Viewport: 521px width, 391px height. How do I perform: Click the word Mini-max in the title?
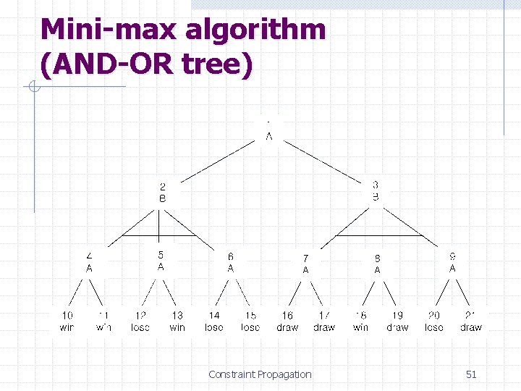(x=109, y=30)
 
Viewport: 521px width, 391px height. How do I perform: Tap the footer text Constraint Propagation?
(x=260, y=374)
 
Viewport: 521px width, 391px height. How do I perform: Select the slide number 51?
(x=471, y=374)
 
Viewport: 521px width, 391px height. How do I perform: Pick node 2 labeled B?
(x=162, y=193)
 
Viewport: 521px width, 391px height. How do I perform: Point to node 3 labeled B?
(x=376, y=190)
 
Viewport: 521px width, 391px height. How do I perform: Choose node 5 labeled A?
(x=161, y=261)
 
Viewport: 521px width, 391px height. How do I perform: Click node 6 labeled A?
(x=231, y=262)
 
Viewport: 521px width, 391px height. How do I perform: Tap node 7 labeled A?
(x=305, y=264)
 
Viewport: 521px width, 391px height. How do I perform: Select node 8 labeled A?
(x=377, y=264)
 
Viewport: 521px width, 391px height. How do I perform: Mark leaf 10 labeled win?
(x=67, y=321)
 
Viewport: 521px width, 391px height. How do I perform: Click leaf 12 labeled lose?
(x=140, y=321)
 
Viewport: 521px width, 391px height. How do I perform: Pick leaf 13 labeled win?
(x=177, y=321)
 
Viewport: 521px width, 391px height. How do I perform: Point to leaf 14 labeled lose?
(x=214, y=321)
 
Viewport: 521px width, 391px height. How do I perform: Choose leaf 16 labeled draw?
(x=287, y=321)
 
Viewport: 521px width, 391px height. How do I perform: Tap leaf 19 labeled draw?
(x=397, y=321)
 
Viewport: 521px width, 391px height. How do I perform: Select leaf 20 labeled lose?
(x=434, y=321)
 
